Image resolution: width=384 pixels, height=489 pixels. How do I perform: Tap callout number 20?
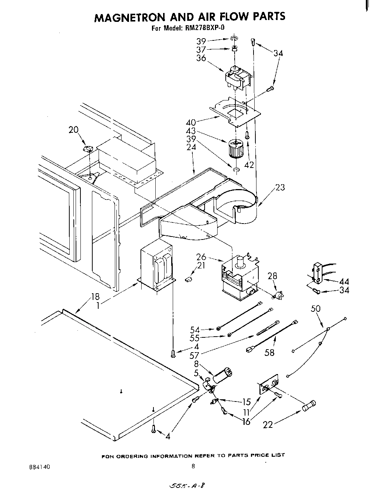pyautogui.click(x=74, y=130)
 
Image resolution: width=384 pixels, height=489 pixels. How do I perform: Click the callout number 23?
pyautogui.click(x=280, y=188)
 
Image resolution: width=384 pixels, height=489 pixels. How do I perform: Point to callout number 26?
pyautogui.click(x=201, y=257)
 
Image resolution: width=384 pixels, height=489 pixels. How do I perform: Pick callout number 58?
pyautogui.click(x=269, y=353)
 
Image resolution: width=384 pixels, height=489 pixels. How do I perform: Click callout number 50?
pyautogui.click(x=316, y=308)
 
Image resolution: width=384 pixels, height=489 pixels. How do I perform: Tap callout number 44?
pyautogui.click(x=344, y=282)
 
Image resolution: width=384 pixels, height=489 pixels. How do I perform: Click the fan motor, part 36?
pyautogui.click(x=238, y=79)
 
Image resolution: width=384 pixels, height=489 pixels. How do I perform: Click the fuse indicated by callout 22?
pyautogui.click(x=310, y=406)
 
